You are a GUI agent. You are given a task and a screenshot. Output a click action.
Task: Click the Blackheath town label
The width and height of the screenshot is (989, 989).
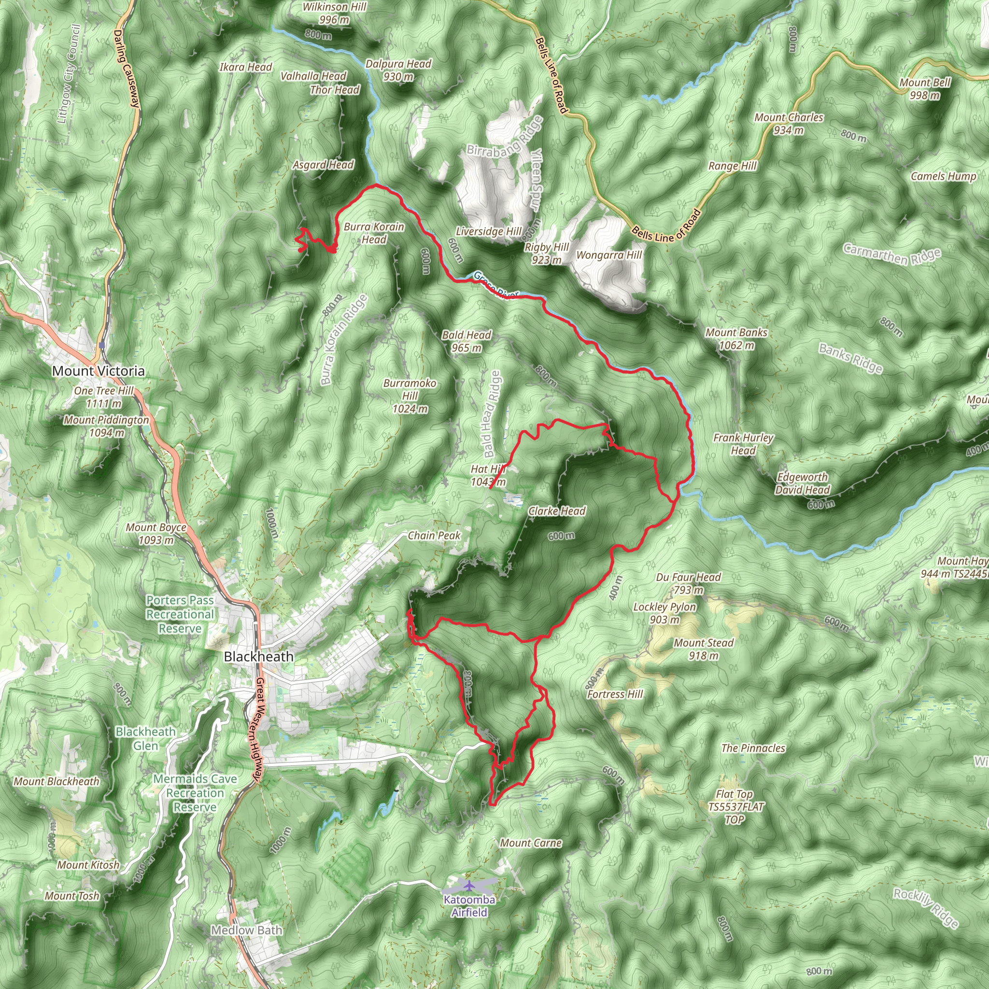tap(258, 656)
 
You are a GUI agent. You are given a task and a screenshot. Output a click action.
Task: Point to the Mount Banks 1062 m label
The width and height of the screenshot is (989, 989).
tap(736, 339)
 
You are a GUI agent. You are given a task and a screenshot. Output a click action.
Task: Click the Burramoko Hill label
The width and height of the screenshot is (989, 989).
tap(410, 396)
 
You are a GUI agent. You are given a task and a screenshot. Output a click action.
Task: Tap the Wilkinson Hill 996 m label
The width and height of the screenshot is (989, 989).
tap(334, 14)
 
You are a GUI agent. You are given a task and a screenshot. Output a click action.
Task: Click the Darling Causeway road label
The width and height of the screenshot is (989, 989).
tap(127, 69)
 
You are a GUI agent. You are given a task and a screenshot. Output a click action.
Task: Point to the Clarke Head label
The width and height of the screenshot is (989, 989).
tap(556, 511)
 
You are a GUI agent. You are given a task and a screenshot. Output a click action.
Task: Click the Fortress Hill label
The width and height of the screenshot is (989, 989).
tap(615, 694)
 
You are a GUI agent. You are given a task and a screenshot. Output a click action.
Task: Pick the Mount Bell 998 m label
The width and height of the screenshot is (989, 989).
tap(925, 88)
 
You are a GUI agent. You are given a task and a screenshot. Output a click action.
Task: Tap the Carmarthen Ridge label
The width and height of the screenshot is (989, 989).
tap(892, 254)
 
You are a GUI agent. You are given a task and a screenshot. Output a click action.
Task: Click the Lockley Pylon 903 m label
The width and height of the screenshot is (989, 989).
tap(664, 613)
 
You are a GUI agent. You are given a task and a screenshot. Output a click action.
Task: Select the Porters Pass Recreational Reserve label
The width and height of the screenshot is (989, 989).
tap(180, 614)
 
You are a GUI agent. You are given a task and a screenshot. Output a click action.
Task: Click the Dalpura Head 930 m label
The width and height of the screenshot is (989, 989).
tap(398, 70)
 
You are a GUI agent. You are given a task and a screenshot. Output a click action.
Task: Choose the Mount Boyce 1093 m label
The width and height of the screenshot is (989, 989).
tap(156, 534)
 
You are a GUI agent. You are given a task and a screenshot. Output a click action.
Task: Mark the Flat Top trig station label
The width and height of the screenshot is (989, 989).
tap(735, 807)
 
